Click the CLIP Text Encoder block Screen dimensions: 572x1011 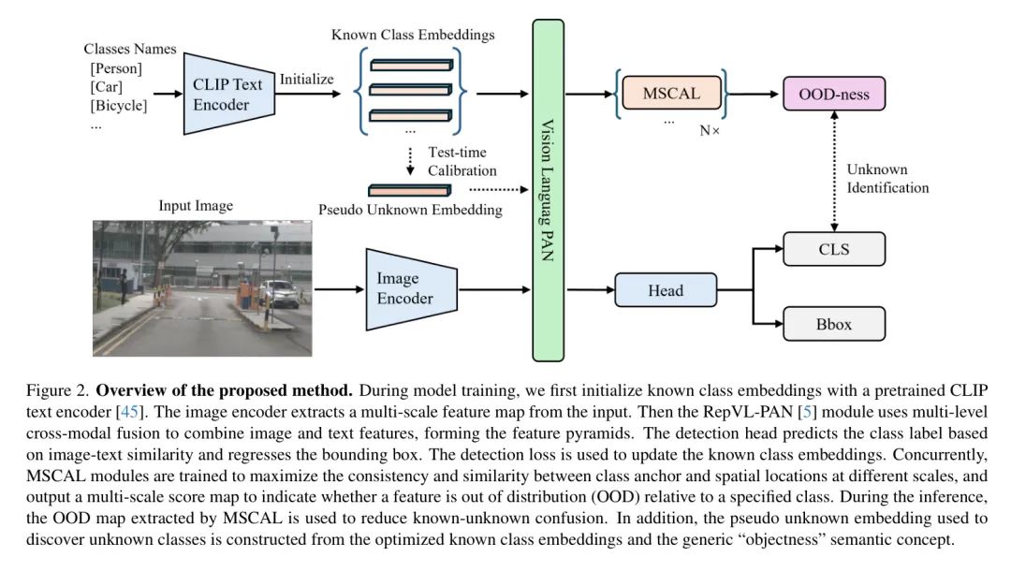[x=227, y=94]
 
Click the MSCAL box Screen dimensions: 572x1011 [x=672, y=94]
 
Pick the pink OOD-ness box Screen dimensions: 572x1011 [x=833, y=94]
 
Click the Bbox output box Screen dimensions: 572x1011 [x=833, y=325]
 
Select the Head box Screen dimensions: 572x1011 [x=665, y=290]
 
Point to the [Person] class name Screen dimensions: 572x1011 [x=116, y=68]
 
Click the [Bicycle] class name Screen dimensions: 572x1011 [x=119, y=105]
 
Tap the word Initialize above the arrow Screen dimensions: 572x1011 [x=306, y=79]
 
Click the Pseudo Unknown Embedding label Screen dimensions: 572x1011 [x=410, y=210]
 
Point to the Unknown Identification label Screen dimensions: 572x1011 [x=887, y=179]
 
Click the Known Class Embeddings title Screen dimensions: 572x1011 [x=413, y=35]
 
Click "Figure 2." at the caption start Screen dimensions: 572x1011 [x=58, y=389]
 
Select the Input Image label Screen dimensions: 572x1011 [x=196, y=206]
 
